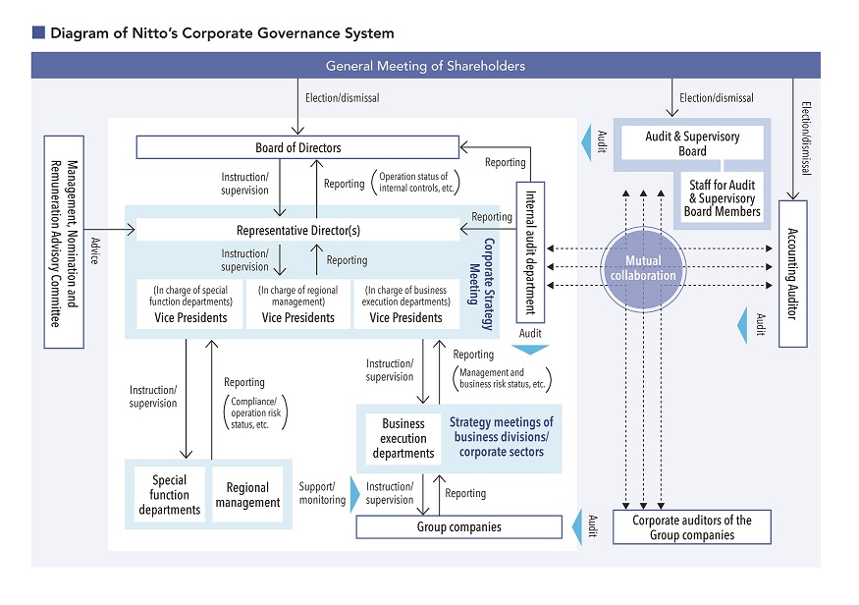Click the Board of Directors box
point(296,148)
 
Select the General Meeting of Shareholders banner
point(425,66)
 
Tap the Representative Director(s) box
point(296,231)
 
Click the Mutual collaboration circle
point(649,268)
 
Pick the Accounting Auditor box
point(792,273)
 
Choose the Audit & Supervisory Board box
point(692,144)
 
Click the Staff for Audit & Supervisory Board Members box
point(724,197)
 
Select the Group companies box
point(458,527)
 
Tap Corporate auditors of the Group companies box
point(691,527)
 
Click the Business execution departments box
point(403,439)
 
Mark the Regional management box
point(247,495)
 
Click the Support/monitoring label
point(322,493)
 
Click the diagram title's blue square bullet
point(38,32)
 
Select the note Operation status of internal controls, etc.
point(414,183)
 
